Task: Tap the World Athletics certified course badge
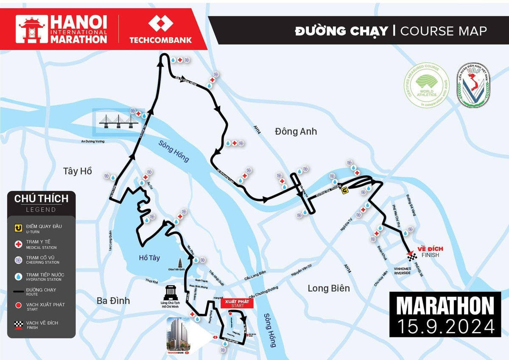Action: coord(427,85)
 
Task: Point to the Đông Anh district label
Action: coord(296,131)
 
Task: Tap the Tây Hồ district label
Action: coord(77,171)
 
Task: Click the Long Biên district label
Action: coord(329,288)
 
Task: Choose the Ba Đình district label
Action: coord(113,301)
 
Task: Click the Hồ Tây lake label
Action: coord(149,257)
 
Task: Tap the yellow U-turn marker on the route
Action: coord(345,190)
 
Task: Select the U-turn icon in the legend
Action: coord(18,228)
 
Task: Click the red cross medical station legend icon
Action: coord(18,244)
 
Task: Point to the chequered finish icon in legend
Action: coord(18,325)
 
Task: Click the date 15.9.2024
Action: coord(445,326)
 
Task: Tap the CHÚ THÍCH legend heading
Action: coord(41,198)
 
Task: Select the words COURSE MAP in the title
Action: coord(443,31)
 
